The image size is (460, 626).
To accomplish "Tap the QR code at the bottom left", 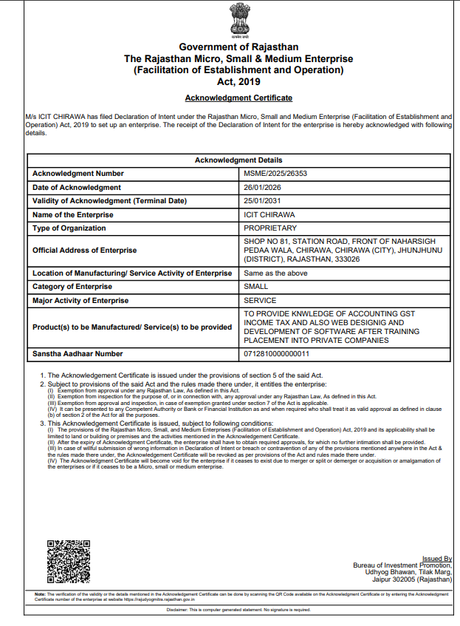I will [69, 561].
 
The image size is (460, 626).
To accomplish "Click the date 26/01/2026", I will [262, 187].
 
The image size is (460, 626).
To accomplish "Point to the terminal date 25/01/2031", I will [262, 200].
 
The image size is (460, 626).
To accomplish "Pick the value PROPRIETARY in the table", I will [270, 228].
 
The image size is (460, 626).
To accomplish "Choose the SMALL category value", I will [255, 287].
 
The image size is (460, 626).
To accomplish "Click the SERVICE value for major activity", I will [260, 300].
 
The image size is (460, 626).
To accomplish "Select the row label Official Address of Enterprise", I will [84, 251].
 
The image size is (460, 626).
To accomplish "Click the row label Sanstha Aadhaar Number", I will [78, 354].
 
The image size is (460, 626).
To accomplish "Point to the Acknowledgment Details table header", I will [238, 160].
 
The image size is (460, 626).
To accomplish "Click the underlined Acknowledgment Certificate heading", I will [238, 98].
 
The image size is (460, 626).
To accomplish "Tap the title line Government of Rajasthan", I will [238, 47].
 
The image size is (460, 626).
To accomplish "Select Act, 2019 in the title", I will [238, 81].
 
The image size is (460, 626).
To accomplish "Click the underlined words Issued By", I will [436, 559].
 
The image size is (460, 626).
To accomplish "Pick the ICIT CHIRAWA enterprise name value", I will [269, 214].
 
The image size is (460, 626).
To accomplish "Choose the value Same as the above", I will [275, 273].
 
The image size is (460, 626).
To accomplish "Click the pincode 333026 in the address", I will [346, 259].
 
